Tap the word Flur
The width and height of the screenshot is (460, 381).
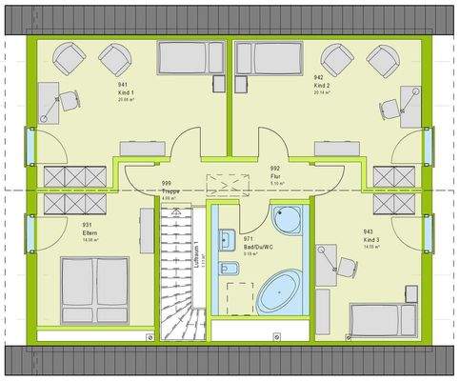[x=274, y=175]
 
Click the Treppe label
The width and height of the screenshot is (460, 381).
[x=170, y=190]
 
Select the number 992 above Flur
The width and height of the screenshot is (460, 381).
[x=274, y=168]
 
